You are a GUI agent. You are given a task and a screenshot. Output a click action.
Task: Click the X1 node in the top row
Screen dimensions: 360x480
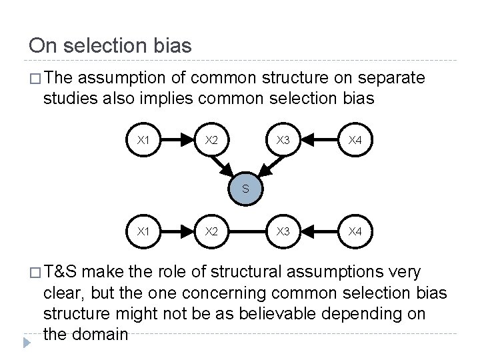pyautogui.click(x=143, y=140)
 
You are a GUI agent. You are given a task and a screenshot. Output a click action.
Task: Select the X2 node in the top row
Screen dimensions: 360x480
pyautogui.click(x=211, y=140)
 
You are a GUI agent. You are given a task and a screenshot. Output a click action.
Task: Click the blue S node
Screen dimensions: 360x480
pyautogui.click(x=245, y=189)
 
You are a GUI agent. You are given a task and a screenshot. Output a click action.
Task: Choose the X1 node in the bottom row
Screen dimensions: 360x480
pyautogui.click(x=143, y=231)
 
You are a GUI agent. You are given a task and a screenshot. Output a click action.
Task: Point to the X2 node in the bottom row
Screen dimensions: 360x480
pyautogui.click(x=211, y=231)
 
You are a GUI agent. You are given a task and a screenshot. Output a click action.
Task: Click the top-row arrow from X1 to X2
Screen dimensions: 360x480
pyautogui.click(x=177, y=140)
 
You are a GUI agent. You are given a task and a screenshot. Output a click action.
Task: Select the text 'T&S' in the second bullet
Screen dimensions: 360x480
pyautogui.click(x=62, y=272)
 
